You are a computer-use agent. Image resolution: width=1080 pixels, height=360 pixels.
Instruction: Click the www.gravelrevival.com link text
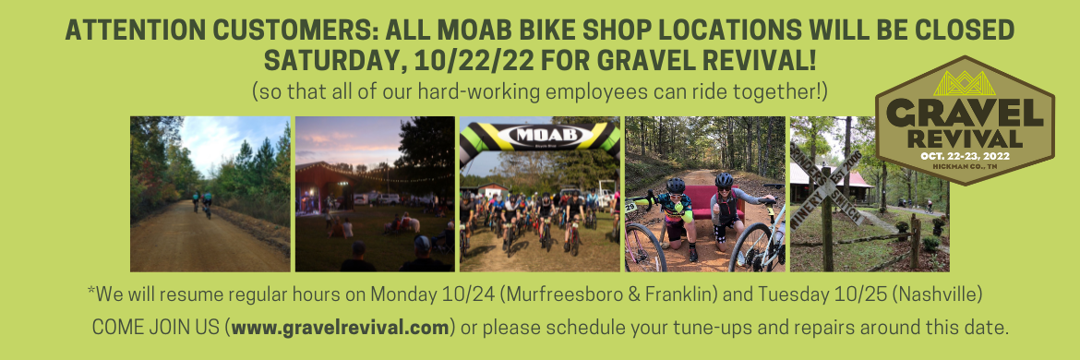(341, 328)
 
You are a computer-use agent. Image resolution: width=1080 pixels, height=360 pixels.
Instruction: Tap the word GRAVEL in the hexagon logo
(965, 114)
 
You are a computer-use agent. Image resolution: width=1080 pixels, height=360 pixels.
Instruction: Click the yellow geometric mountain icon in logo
(965, 83)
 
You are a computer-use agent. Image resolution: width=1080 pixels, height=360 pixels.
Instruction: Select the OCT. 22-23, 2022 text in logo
(965, 156)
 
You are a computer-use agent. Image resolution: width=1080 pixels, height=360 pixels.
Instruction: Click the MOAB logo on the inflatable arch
(538, 135)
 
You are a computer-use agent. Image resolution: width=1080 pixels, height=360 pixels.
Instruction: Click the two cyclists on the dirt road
(202, 203)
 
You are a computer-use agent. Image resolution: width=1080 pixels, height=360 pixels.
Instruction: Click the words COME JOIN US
(156, 328)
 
